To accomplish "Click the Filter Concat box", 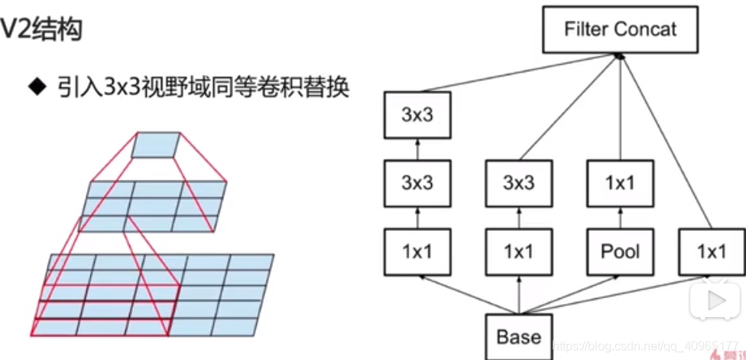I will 620,30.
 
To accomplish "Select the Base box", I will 519,336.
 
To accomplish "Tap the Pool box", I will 620,251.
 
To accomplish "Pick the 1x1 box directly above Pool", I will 620,183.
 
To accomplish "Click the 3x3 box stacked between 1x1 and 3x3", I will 417,183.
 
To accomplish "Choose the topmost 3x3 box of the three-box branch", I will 417,116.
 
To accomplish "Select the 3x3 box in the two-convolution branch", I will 519,183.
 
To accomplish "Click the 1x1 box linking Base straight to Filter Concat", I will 712,251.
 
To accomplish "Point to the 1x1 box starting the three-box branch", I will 417,251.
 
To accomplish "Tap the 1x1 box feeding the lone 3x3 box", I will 519,251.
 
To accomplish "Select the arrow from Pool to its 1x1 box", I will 620,217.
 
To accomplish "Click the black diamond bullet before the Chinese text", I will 37,86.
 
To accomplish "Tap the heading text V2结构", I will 43,31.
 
